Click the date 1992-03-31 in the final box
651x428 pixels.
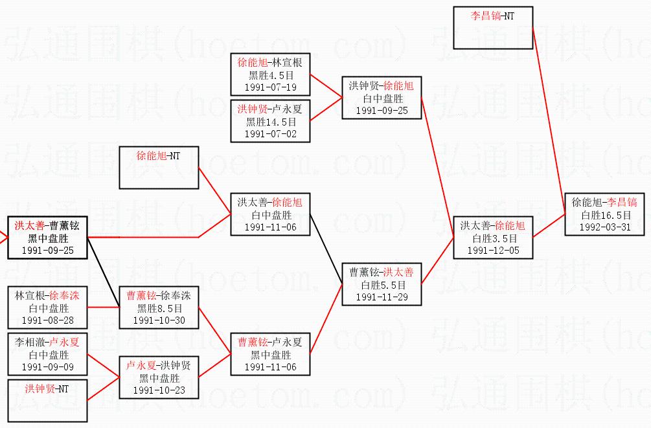[604, 227]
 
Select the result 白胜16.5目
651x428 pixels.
[606, 215]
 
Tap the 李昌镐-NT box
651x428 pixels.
[493, 28]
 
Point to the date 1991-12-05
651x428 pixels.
[493, 251]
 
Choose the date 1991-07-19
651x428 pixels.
[270, 87]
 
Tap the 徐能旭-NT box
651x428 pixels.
[159, 168]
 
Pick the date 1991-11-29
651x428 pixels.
[382, 297]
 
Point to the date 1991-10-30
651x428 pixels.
[159, 320]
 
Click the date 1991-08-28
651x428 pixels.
[48, 320]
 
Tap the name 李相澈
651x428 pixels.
[30, 342]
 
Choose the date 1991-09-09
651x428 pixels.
[48, 366]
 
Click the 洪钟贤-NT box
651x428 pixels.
[47, 401]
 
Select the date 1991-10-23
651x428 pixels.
[159, 390]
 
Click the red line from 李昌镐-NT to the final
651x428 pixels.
[549, 121]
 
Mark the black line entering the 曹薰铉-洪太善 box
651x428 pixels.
[326, 249]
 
